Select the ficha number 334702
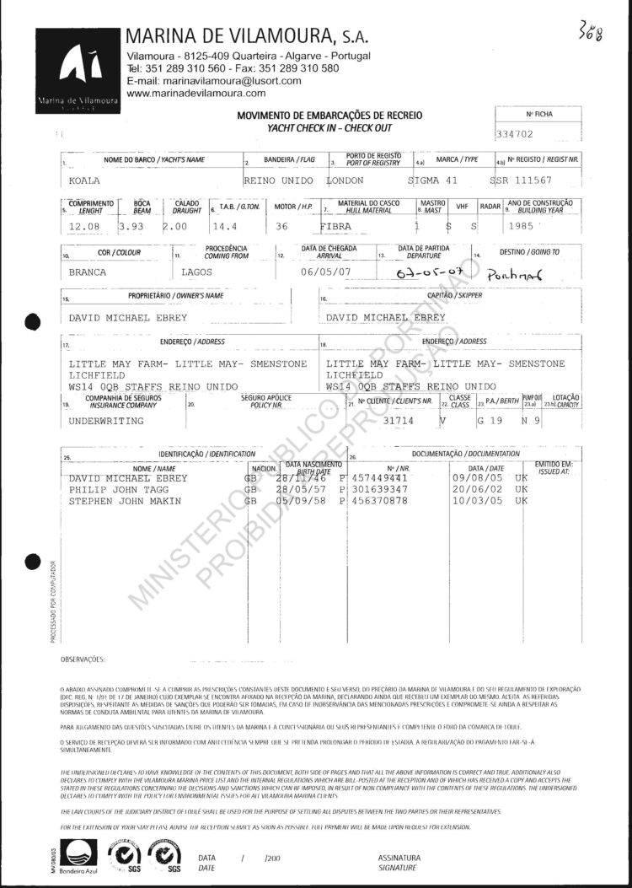click(x=517, y=134)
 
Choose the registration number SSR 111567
click(x=533, y=181)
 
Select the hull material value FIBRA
click(x=341, y=227)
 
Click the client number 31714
click(x=399, y=419)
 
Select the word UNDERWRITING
click(x=105, y=419)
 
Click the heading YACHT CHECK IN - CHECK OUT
click(x=329, y=127)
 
